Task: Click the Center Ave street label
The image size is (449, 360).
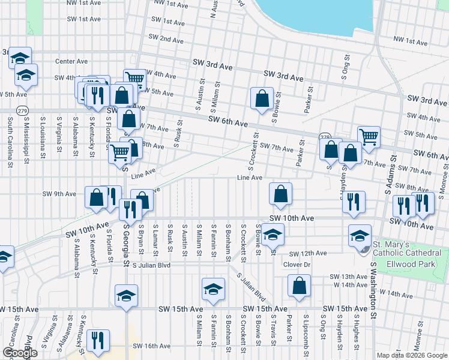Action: coord(71,61)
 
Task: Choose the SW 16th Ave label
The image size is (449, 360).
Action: coord(152,346)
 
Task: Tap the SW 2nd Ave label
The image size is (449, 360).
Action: coord(163,39)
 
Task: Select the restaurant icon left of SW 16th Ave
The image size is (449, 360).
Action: coord(96,340)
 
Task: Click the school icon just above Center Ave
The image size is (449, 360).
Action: coord(20,58)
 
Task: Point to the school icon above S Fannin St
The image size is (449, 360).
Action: coord(213,289)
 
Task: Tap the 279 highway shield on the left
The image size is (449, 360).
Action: coord(22,110)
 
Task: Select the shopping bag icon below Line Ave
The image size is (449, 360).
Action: coord(280,194)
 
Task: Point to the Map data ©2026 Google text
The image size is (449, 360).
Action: coord(412,355)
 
